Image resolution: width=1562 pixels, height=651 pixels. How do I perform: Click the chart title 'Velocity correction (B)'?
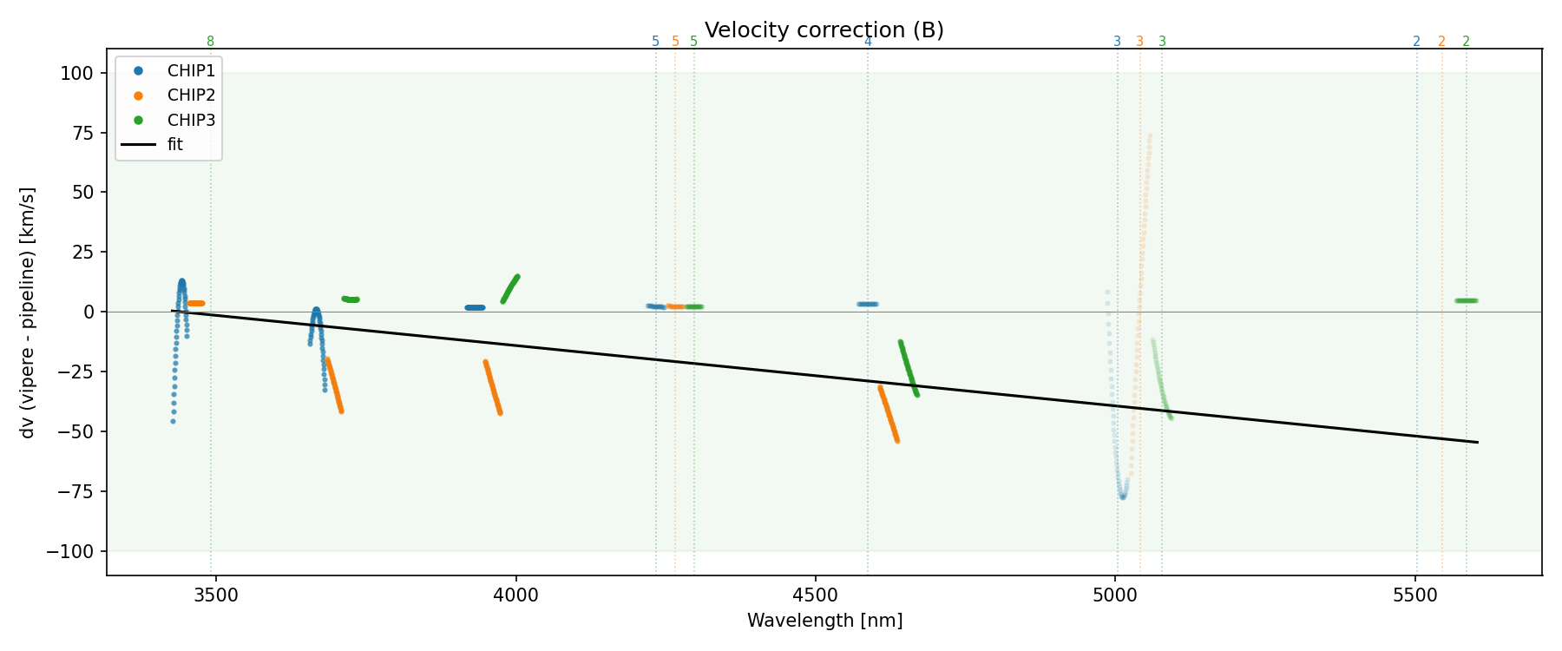pyautogui.click(x=824, y=30)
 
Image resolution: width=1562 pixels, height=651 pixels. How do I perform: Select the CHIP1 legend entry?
pyautogui.click(x=191, y=71)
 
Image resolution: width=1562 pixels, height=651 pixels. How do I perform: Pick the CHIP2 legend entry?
pyautogui.click(x=191, y=95)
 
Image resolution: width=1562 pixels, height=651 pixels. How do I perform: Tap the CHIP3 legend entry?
pyautogui.click(x=191, y=120)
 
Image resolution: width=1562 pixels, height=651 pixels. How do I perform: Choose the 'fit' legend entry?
pyautogui.click(x=175, y=145)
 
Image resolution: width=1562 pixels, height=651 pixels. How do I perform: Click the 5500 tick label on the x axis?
pyautogui.click(x=1415, y=595)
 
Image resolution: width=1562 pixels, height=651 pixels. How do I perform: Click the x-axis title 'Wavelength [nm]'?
pyautogui.click(x=824, y=621)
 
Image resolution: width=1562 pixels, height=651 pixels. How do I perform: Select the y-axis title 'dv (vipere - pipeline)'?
pyautogui.click(x=28, y=312)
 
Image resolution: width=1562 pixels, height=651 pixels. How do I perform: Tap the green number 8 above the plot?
pyautogui.click(x=210, y=42)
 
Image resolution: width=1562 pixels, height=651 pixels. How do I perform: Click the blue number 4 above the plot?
pyautogui.click(x=868, y=42)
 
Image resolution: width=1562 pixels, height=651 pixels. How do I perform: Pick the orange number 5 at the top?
pyautogui.click(x=675, y=42)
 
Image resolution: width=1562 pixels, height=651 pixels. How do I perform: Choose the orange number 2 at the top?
pyautogui.click(x=1441, y=42)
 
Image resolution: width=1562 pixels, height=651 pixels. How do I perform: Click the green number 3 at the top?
pyautogui.click(x=1162, y=42)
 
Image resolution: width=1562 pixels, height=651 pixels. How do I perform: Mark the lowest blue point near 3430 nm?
pyautogui.click(x=173, y=421)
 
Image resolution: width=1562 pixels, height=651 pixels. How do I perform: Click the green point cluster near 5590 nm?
pyautogui.click(x=1467, y=301)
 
